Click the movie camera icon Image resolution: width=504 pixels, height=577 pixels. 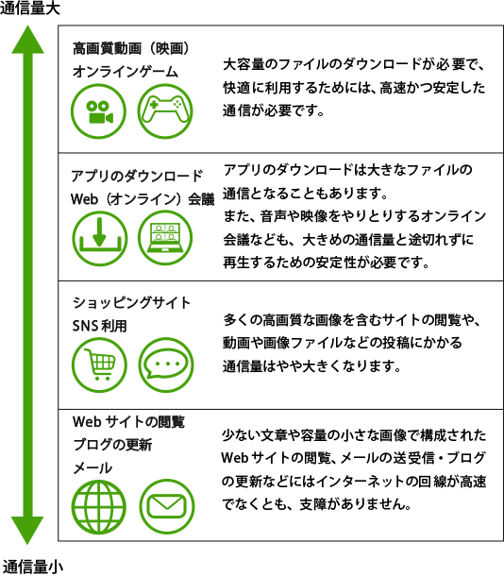click(98, 111)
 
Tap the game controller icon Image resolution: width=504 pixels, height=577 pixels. click(165, 111)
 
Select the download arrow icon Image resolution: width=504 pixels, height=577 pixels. click(99, 239)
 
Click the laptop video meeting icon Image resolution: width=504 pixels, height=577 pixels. click(165, 239)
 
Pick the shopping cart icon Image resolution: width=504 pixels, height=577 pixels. click(99, 365)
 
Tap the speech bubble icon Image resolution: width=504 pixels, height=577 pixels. click(166, 365)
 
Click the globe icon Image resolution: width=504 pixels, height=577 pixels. click(99, 507)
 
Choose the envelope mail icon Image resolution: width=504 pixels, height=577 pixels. click(167, 507)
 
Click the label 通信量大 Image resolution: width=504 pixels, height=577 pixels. click(30, 8)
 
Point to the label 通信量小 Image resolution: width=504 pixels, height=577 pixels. click(32, 567)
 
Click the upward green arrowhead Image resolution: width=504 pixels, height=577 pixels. click(27, 40)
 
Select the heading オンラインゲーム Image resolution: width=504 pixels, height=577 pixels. click(126, 72)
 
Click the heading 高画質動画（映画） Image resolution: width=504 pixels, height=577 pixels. click(131, 48)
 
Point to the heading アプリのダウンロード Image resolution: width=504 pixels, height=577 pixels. click(137, 176)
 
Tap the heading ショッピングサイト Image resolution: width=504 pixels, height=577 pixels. click(131, 303)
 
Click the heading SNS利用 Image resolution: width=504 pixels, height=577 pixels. click(99, 326)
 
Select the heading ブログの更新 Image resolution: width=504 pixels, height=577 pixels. click(112, 445)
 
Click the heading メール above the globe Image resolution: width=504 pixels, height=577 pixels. click(92, 468)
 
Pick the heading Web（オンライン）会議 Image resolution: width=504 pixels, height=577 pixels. click(143, 199)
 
